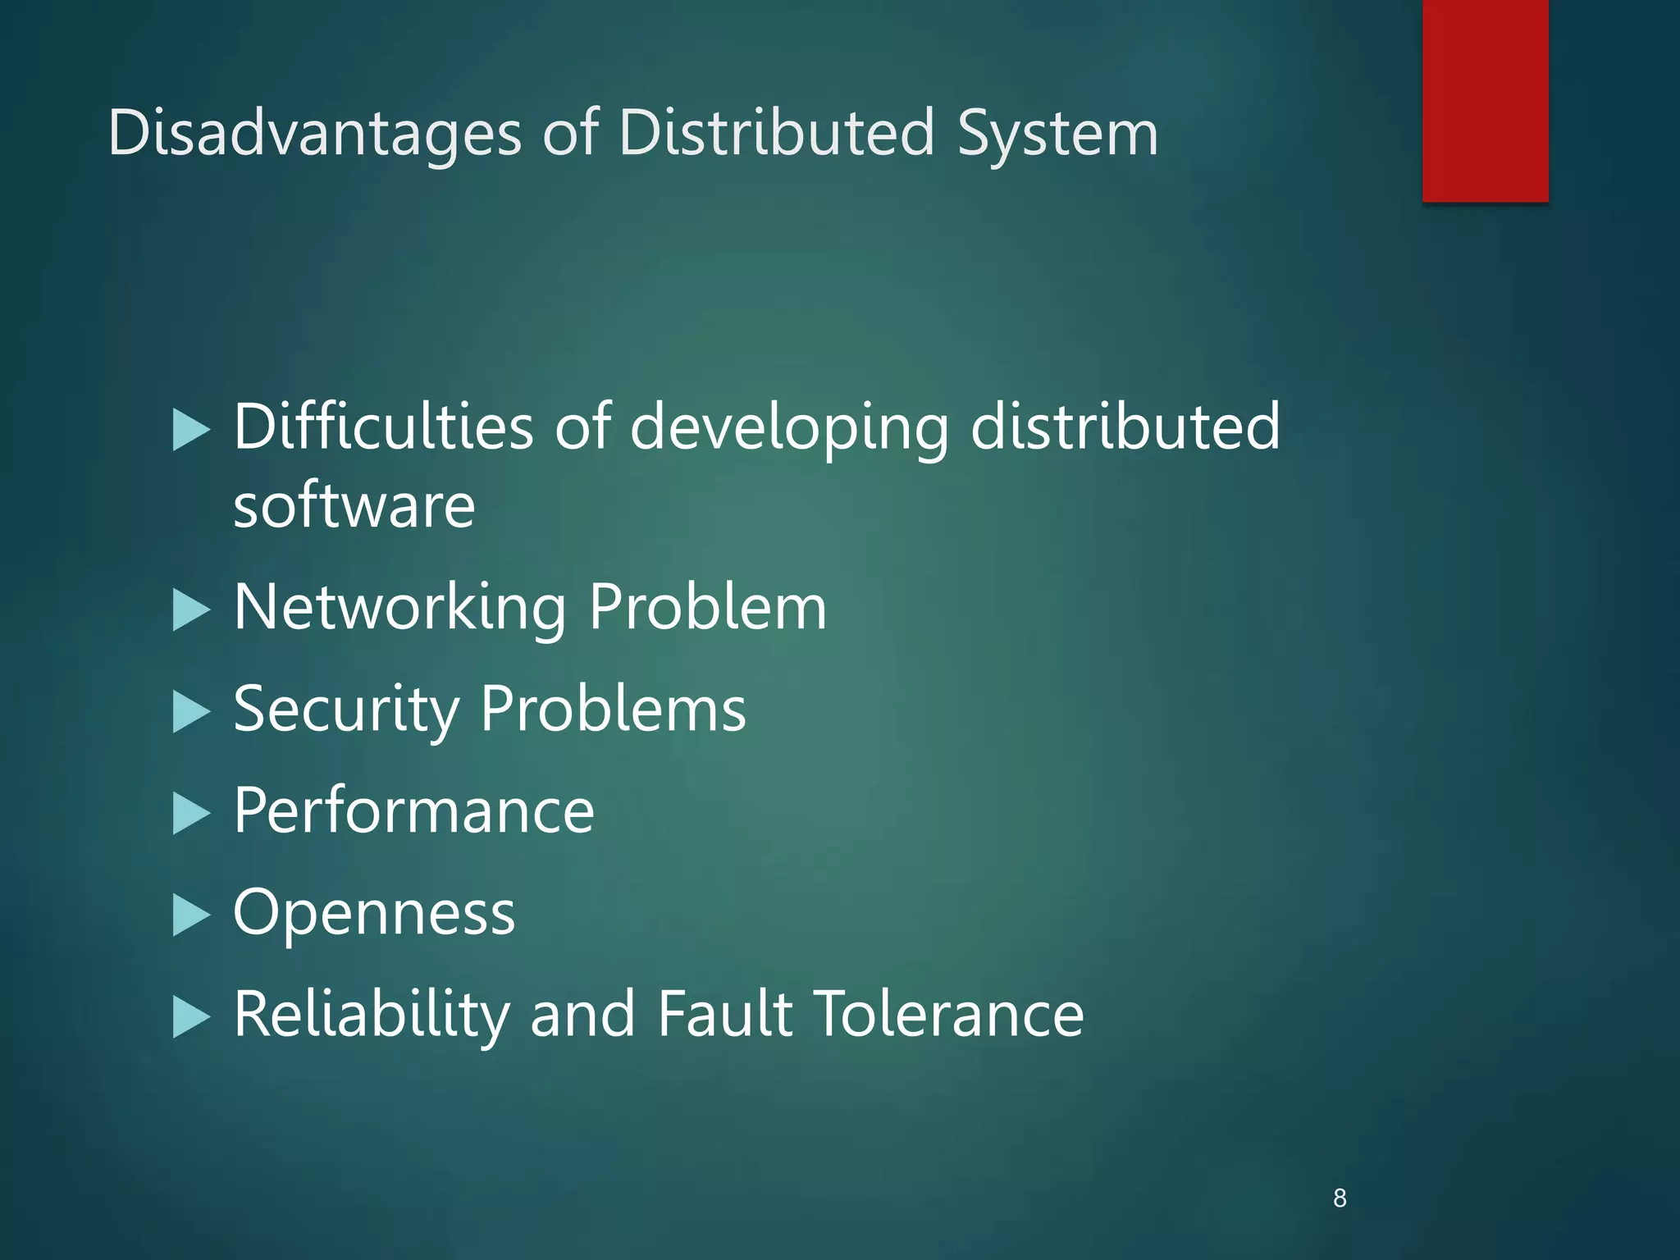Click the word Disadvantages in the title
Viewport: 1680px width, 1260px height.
click(x=314, y=133)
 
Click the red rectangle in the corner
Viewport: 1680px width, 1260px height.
click(x=1485, y=100)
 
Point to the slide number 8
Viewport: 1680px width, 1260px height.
click(x=1340, y=1198)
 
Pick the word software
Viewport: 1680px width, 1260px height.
click(x=354, y=505)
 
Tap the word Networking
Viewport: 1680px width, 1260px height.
click(x=399, y=608)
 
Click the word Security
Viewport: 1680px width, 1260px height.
click(x=346, y=710)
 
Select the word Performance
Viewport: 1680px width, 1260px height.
click(x=413, y=810)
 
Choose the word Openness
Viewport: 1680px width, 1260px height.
click(x=374, y=912)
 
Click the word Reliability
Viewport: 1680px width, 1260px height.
click(x=372, y=1015)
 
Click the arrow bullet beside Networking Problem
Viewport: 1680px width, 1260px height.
click(x=191, y=611)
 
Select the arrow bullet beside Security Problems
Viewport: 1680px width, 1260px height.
click(x=191, y=712)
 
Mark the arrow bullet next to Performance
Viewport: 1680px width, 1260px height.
click(x=191, y=814)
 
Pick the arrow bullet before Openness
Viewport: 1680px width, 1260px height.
click(x=191, y=915)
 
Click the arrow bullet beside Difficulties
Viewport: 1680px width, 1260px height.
click(x=191, y=431)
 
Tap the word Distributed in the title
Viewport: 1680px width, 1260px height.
click(x=777, y=133)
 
